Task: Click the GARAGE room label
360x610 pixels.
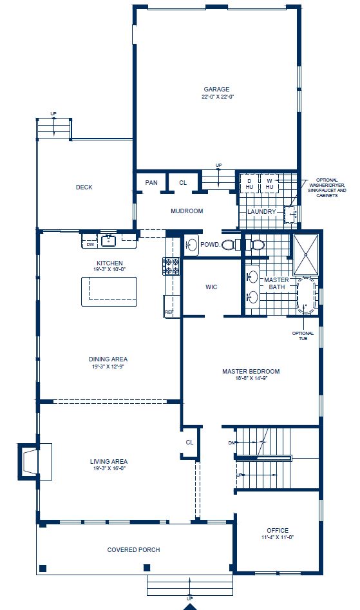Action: tap(216, 90)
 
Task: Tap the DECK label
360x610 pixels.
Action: tap(84, 187)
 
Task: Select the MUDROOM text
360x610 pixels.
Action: tap(187, 211)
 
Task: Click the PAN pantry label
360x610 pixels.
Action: tap(151, 183)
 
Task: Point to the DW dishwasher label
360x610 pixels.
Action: tap(90, 244)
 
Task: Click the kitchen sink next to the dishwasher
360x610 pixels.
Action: tap(109, 241)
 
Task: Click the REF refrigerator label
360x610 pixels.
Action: tap(169, 312)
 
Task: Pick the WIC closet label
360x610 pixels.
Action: tap(212, 287)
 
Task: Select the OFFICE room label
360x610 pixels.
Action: tap(278, 531)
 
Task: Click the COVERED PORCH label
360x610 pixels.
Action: tap(133, 550)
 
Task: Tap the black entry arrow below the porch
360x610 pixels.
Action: tap(189, 606)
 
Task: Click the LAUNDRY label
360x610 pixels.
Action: tap(262, 211)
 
